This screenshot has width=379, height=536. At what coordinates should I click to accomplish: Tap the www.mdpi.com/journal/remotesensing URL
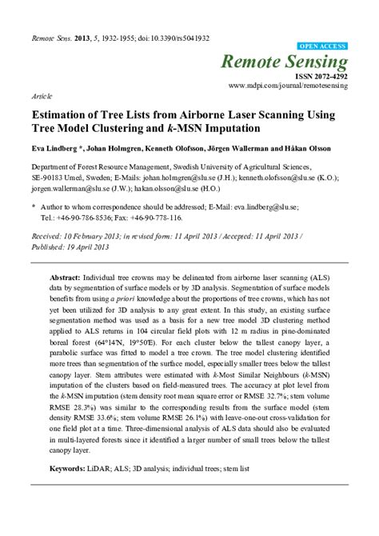click(x=288, y=86)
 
